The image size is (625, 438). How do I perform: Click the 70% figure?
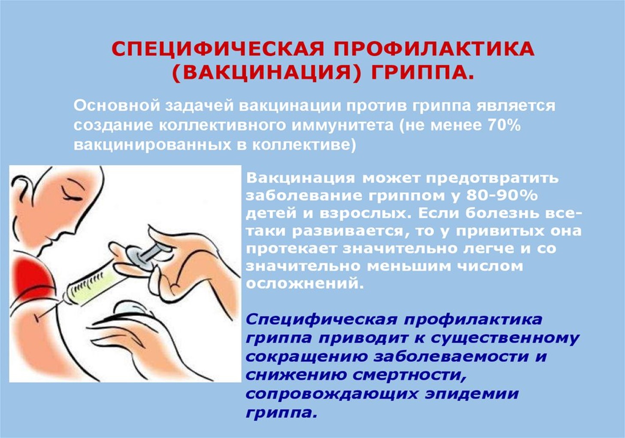(504, 125)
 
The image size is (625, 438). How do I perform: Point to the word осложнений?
(305, 284)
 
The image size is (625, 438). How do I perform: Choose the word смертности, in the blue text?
(410, 375)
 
